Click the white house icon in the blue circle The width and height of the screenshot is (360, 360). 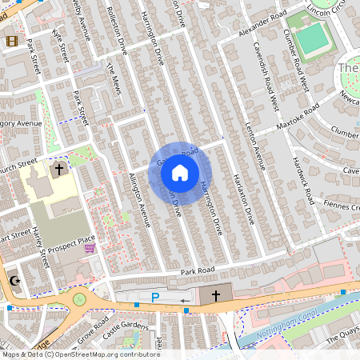(x=180, y=172)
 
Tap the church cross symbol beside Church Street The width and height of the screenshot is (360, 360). (x=58, y=170)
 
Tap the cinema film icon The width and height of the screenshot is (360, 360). (x=11, y=41)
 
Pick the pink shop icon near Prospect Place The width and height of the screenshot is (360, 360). (x=90, y=249)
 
